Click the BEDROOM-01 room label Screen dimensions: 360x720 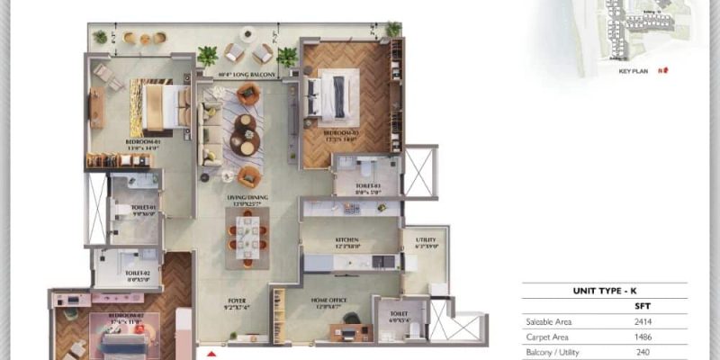point(143,141)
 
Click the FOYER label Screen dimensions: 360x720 point(237,302)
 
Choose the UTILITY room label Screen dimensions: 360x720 point(427,240)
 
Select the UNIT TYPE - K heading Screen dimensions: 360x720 point(604,292)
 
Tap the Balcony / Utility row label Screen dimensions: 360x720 point(556,353)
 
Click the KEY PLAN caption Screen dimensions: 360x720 point(634,69)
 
